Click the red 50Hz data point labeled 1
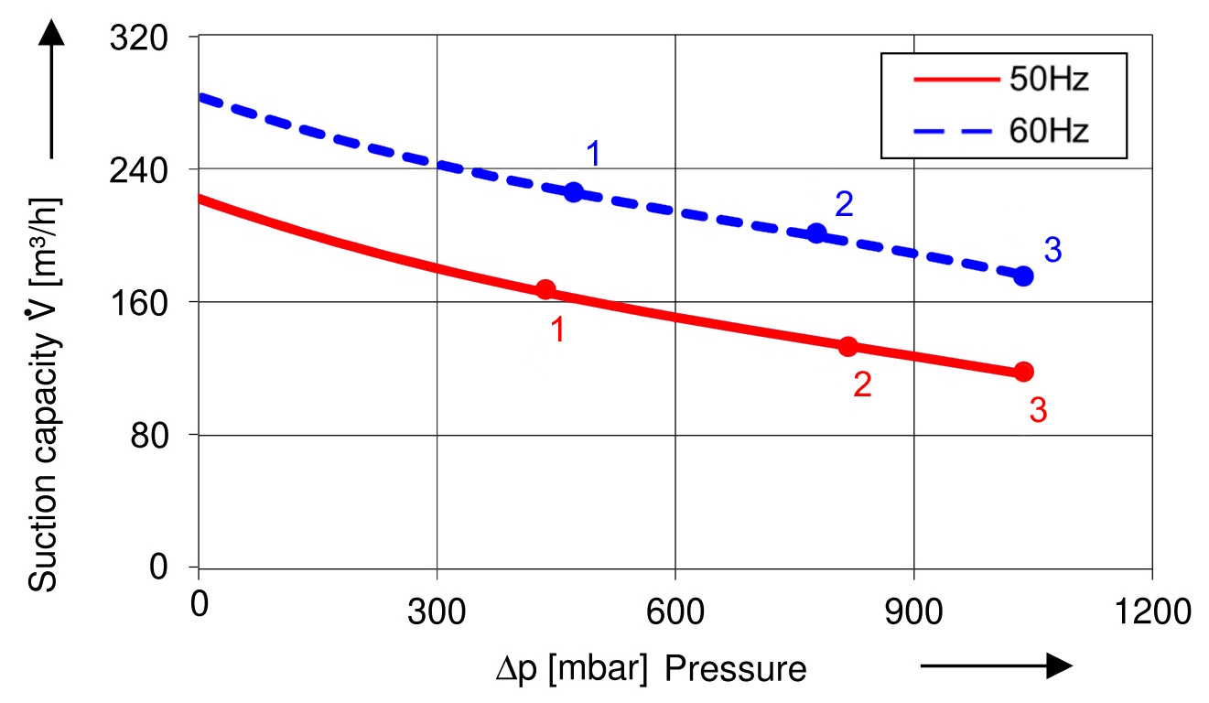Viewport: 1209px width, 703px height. pyautogui.click(x=545, y=289)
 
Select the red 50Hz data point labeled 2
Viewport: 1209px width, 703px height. pyautogui.click(x=847, y=346)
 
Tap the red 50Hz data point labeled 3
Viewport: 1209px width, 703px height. pyautogui.click(x=1024, y=371)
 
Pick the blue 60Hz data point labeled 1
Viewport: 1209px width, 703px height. pyautogui.click(x=574, y=192)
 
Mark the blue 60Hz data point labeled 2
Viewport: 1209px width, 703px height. pyautogui.click(x=817, y=233)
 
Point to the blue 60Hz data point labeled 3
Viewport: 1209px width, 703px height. pyautogui.click(x=1024, y=276)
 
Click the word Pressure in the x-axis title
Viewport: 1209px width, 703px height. pyautogui.click(x=736, y=669)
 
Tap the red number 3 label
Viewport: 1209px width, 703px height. pyautogui.click(x=1038, y=411)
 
